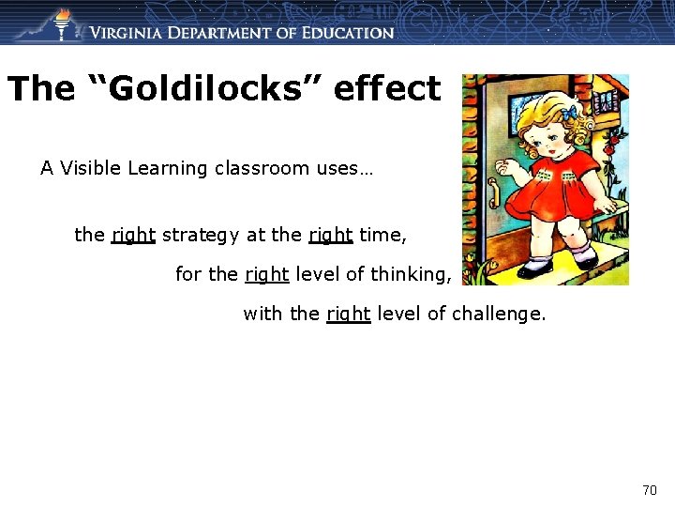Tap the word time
382,235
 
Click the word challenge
499,314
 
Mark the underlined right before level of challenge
349,314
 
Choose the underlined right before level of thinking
267,274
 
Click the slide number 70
650,489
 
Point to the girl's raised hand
511,168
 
